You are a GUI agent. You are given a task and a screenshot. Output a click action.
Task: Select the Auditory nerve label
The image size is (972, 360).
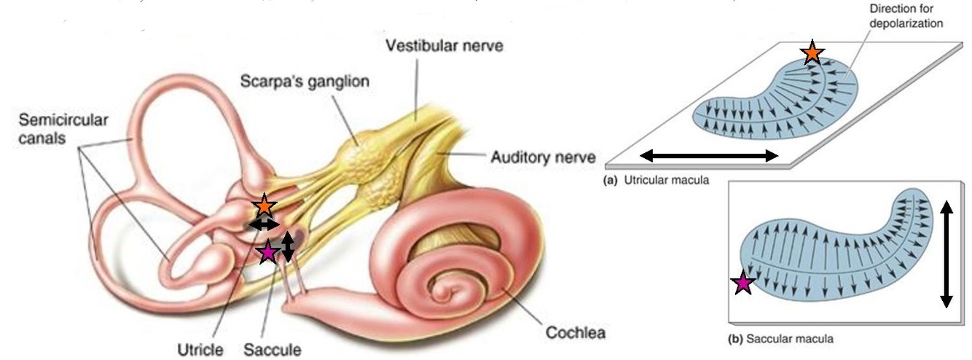pos(542,156)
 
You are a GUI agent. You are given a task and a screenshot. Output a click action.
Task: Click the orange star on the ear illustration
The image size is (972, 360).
pos(263,206)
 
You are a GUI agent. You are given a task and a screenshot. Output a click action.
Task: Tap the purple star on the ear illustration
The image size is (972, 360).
pos(268,252)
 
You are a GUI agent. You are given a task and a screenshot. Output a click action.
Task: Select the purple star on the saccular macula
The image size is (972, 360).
pos(743,283)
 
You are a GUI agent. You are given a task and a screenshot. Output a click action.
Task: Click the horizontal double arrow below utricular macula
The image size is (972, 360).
pos(708,154)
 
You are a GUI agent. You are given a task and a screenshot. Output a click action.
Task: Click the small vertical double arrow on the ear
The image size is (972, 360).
pos(288,246)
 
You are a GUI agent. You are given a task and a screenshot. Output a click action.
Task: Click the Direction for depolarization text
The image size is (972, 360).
pos(906,17)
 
